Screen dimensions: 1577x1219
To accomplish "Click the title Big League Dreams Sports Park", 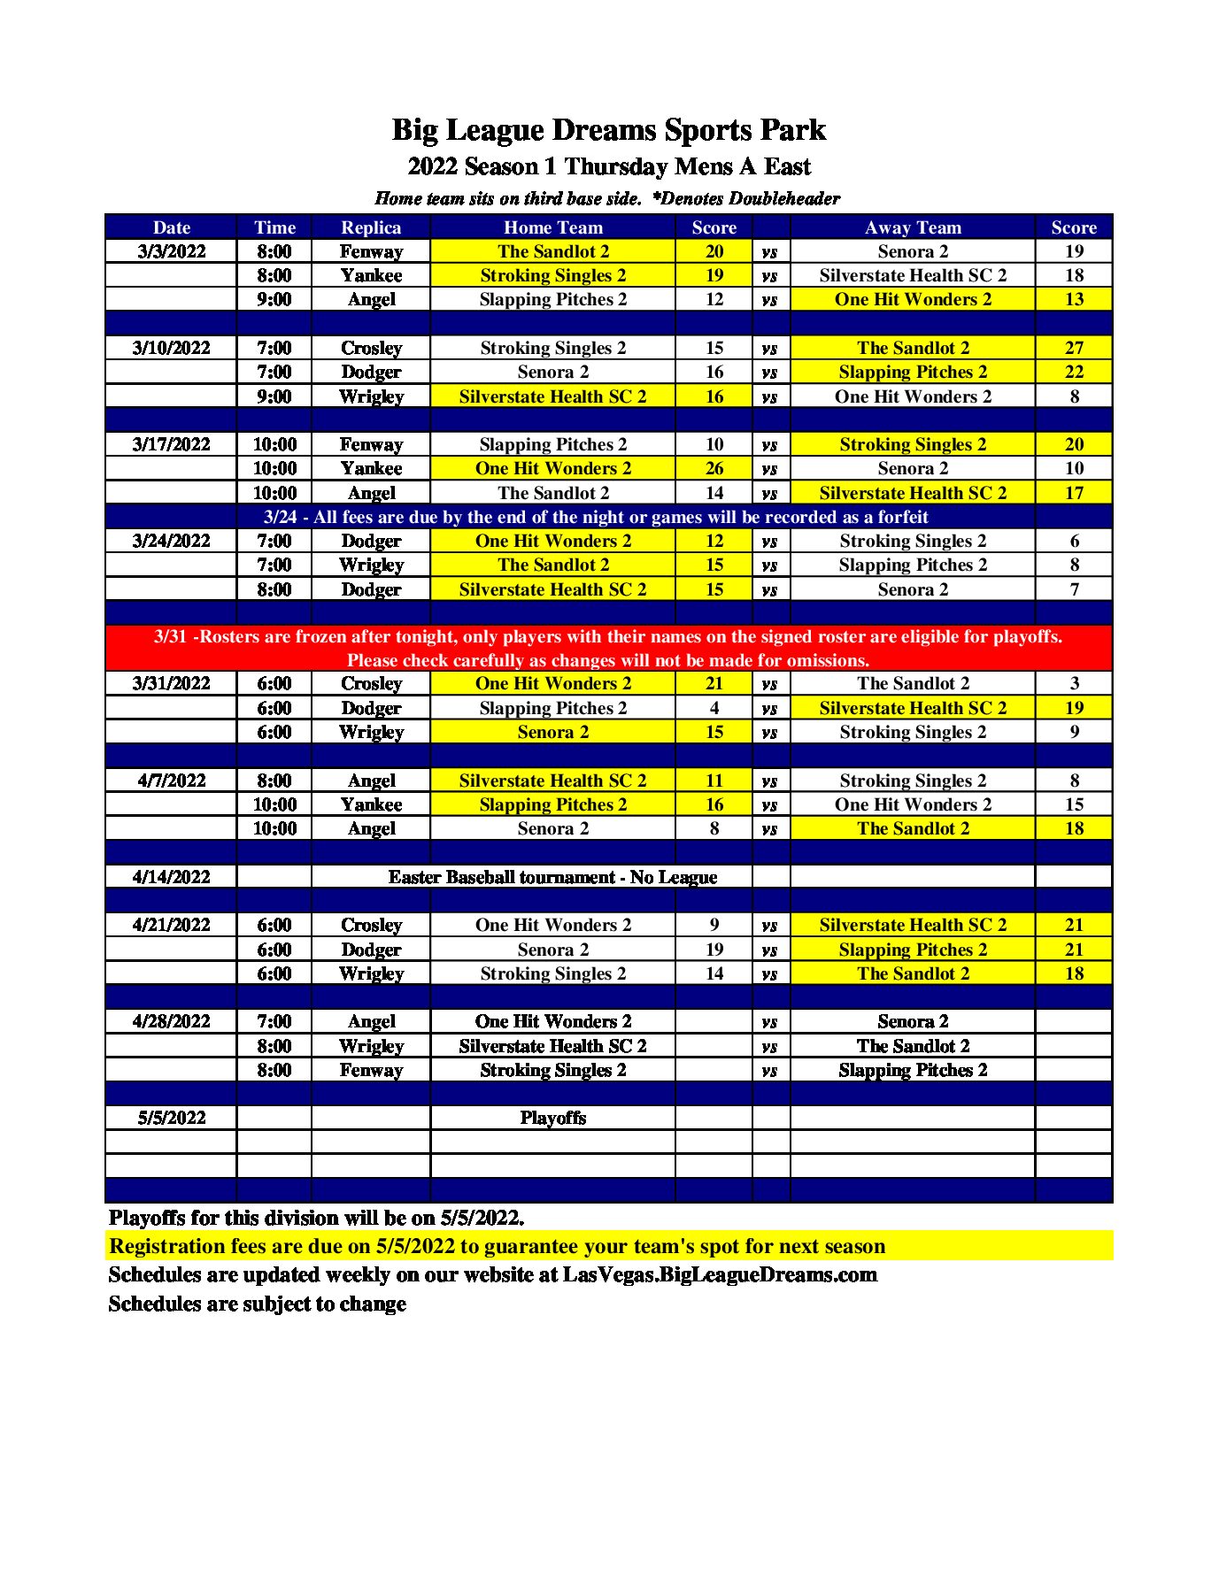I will (x=608, y=130).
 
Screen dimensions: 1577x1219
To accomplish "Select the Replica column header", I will (x=371, y=227).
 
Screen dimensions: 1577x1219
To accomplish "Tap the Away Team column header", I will (x=912, y=227).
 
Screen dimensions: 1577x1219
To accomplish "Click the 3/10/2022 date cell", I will (x=171, y=348).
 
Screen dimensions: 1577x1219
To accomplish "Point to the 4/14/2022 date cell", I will (x=171, y=877).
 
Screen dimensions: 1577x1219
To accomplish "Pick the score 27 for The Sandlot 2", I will (x=1073, y=348).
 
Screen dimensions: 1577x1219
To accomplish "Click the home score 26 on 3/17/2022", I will (x=714, y=468).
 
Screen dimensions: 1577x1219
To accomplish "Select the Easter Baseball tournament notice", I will (x=552, y=877).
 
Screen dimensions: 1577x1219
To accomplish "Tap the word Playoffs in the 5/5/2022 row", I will (x=552, y=1118).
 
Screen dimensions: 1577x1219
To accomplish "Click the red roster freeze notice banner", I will (x=608, y=649).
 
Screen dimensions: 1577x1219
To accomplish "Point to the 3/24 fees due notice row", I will (x=595, y=517).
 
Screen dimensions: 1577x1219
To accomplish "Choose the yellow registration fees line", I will (x=497, y=1246).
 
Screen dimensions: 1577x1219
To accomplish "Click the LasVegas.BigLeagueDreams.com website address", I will (x=720, y=1274).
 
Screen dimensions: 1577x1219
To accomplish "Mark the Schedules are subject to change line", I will (x=257, y=1304).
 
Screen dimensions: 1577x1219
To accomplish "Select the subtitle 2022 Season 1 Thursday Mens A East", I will (x=608, y=166).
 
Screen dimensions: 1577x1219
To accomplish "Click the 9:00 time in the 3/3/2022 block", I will (x=274, y=299).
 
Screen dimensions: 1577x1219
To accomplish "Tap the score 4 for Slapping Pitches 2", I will (x=714, y=708).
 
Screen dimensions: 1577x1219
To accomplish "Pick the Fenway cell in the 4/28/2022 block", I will (x=371, y=1070).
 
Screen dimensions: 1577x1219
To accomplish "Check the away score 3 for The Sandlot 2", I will (x=1073, y=683).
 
